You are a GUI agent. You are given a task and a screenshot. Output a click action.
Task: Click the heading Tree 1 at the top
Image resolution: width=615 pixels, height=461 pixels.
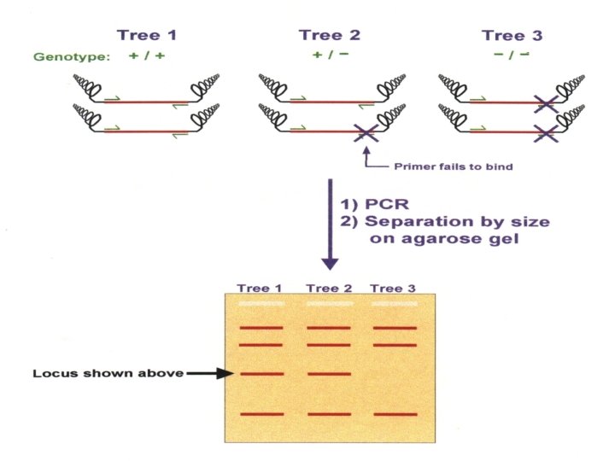click(148, 35)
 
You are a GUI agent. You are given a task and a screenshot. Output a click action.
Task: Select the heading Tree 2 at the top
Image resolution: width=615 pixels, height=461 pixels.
click(330, 35)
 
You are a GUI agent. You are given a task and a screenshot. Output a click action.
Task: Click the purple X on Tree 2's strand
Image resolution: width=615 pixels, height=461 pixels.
click(365, 131)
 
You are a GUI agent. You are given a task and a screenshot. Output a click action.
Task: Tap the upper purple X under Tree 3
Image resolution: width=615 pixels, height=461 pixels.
click(547, 104)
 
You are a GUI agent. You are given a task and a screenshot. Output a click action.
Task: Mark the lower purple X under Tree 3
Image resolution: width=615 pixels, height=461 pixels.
click(547, 131)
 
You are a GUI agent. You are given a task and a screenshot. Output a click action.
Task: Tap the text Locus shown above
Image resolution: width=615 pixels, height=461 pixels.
click(107, 373)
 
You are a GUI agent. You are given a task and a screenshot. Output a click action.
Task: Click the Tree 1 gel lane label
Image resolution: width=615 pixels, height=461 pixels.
click(260, 288)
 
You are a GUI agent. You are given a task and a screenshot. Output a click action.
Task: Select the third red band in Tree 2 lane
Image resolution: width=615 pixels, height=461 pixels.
click(328, 374)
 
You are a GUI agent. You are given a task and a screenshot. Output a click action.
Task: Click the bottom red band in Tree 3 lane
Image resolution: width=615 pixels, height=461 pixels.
click(395, 414)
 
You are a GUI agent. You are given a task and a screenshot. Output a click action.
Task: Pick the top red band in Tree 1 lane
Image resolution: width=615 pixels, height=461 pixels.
click(261, 328)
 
